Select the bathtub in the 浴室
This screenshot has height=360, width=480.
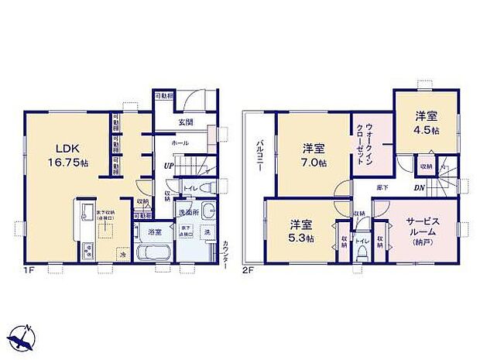coord(150,254)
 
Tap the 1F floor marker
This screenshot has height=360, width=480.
coord(29,270)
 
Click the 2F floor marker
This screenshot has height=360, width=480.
coord(248,270)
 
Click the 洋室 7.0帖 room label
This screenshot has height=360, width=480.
coord(314,154)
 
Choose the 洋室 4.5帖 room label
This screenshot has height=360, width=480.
coord(426,122)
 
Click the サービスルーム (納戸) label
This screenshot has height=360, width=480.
coord(423,231)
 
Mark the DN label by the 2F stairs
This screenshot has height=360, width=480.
coord(417,188)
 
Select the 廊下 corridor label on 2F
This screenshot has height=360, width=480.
coord(382,188)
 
